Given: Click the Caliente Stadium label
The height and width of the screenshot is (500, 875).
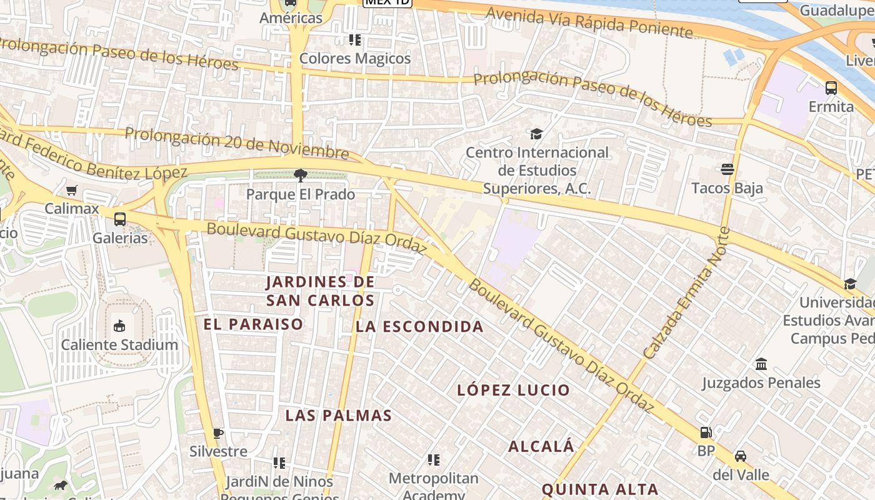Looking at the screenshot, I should point(119,344).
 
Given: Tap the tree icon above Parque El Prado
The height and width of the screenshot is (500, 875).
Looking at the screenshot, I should point(301,176).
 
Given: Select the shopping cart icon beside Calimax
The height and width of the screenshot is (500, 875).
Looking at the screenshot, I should point(72,190).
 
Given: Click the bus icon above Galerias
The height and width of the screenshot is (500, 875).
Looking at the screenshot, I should point(120,219).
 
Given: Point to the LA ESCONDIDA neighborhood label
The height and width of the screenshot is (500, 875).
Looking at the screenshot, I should point(419,326).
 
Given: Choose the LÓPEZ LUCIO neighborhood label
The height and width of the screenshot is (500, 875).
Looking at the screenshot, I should point(513,390).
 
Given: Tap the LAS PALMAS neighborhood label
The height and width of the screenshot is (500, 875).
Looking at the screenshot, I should point(339,416).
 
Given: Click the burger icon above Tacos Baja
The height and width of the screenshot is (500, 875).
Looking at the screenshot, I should point(727,169).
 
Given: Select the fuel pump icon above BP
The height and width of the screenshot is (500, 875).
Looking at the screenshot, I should point(706,432).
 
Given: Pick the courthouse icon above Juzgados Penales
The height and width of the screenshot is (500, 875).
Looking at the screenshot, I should point(761,364).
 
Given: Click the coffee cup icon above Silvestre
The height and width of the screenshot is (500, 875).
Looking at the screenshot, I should point(218,432).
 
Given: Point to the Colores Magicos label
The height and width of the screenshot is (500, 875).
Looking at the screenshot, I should point(355,58).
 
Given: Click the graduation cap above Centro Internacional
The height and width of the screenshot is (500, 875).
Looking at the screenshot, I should point(536,134).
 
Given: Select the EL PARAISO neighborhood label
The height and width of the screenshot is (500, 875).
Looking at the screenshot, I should point(253,324).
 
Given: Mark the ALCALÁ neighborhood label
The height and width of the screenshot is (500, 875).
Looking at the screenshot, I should point(541,446).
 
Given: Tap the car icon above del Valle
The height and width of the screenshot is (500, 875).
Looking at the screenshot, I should point(741,456).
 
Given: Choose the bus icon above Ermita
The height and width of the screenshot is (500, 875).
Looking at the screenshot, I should point(831,88).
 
